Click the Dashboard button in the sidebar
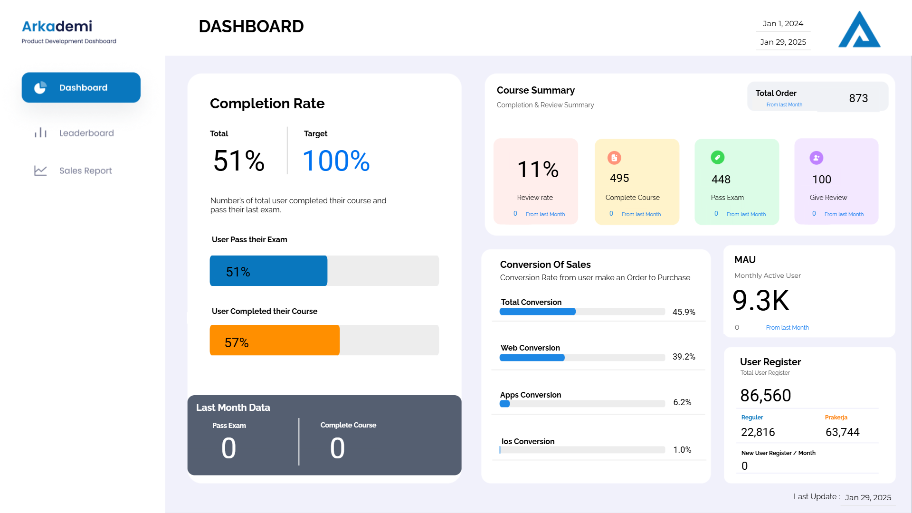pos(81,87)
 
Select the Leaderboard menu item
pos(86,133)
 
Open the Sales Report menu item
pos(85,171)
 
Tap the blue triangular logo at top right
pos(859,30)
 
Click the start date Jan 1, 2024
pos(783,24)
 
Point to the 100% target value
pos(336,161)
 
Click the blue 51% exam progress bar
pos(268,271)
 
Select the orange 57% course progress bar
pos(275,340)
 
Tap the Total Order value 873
pos(858,98)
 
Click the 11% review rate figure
pos(538,170)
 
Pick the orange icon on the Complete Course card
pos(614,158)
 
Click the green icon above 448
pos(717,157)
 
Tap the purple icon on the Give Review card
pos(816,158)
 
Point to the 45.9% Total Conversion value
pos(684,312)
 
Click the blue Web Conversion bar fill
pos(532,358)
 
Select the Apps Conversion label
pos(530,395)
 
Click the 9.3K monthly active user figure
pos(760,301)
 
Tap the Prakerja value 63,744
pos(842,432)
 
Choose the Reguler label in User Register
pos(752,418)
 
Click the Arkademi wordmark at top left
pos(57,26)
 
